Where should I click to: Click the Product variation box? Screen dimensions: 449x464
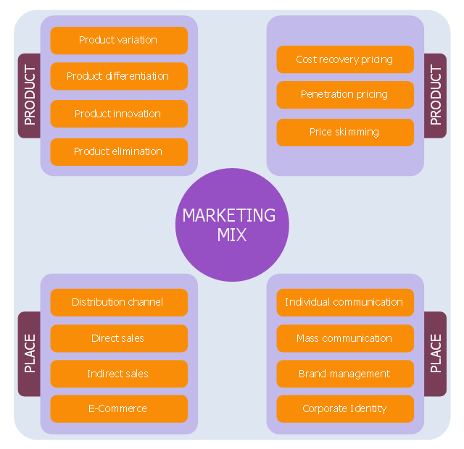pos(118,41)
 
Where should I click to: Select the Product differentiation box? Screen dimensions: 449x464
pos(118,76)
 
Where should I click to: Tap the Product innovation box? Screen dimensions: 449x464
pos(118,114)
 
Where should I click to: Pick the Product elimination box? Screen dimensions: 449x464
pos(118,151)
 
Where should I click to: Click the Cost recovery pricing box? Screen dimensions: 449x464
pos(344,59)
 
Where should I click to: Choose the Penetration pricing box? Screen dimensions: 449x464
pos(344,95)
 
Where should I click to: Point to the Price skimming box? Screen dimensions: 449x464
pos(344,133)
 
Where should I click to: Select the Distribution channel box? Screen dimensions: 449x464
pos(118,302)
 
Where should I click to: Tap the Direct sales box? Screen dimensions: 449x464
pos(118,338)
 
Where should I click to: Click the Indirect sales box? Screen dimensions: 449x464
pos(118,374)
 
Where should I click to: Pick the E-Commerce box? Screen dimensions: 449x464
pos(118,408)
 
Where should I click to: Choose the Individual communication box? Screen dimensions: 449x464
pos(344,302)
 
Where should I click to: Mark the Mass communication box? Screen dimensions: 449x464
pos(344,338)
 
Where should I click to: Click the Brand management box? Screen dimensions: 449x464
pos(344,374)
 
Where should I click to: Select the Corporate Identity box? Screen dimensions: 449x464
pos(344,408)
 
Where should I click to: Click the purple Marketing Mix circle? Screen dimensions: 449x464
pos(232,224)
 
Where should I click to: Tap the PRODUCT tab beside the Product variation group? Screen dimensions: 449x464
pos(29,96)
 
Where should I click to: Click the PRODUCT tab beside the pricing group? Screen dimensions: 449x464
pos(436,96)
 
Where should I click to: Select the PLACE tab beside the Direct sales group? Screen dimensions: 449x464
pos(29,354)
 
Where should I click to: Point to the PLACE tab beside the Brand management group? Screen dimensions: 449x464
pos(436,354)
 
